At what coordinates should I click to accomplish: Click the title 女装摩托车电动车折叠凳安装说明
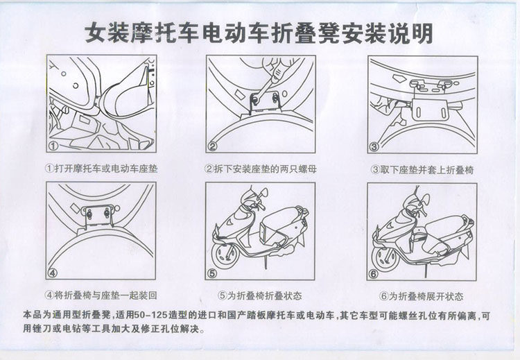[259, 33]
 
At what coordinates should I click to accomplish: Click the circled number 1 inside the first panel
[53, 146]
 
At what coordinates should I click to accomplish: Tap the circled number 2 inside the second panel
[213, 146]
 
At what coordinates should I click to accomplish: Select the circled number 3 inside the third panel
[374, 146]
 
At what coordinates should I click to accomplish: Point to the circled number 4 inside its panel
[53, 273]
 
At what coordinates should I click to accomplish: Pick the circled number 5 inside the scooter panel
[212, 273]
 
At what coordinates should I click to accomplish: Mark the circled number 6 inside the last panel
[374, 274]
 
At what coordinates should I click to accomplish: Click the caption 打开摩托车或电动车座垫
[106, 169]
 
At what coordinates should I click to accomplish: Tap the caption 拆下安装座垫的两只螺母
[266, 169]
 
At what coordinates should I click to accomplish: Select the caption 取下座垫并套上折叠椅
[427, 170]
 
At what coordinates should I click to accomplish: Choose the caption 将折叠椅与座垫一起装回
[105, 295]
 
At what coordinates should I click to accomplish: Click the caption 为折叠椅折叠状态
[264, 295]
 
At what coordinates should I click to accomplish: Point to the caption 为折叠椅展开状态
[426, 296]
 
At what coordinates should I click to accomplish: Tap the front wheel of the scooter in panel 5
[227, 255]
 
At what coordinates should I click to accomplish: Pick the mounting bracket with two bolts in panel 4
[98, 216]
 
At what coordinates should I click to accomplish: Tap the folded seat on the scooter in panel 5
[268, 232]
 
